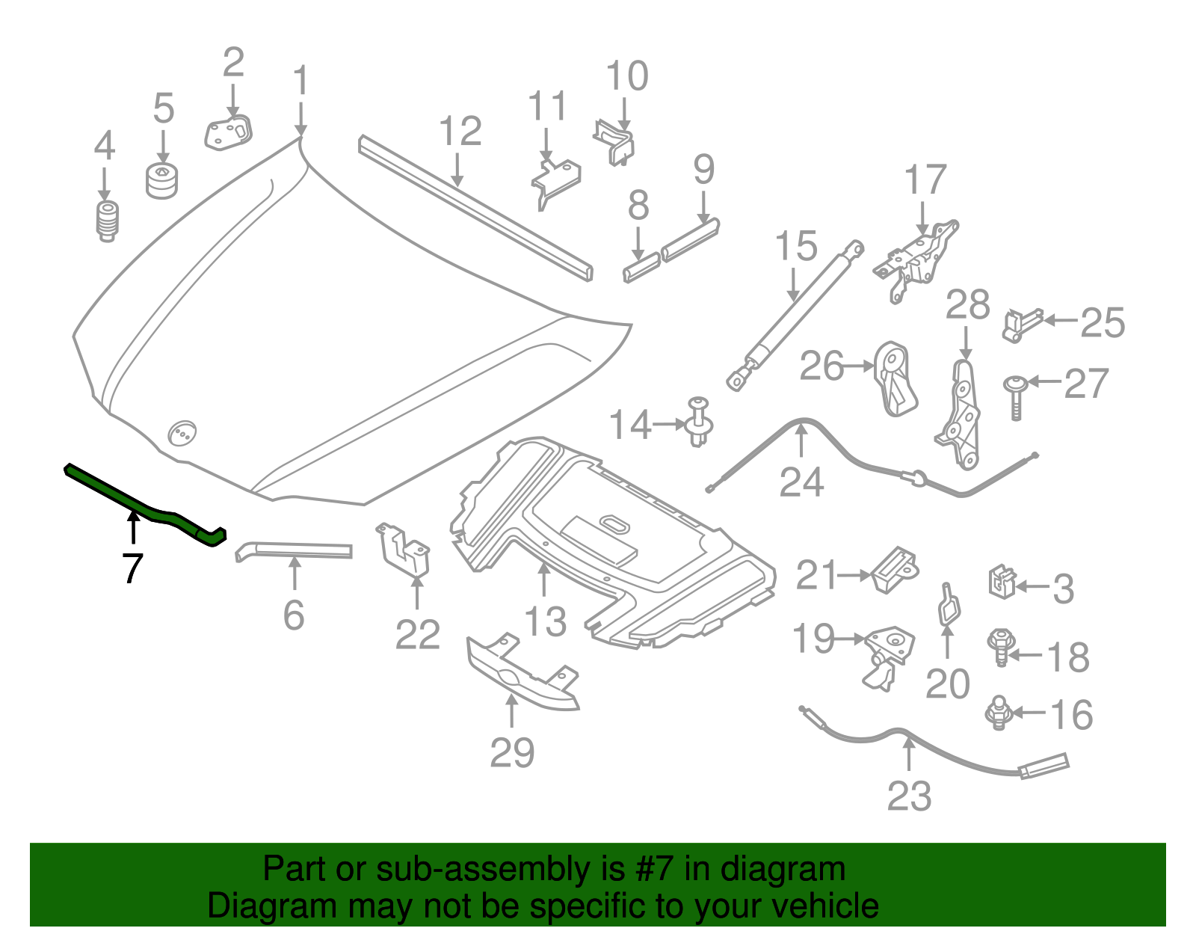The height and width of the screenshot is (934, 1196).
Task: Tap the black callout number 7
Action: tap(132, 569)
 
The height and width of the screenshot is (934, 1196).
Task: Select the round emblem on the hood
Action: tap(182, 433)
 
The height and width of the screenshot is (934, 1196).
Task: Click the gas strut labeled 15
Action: tap(792, 314)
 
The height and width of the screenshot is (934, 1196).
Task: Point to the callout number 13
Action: tap(545, 621)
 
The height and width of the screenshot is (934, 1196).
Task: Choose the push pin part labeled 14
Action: tap(698, 424)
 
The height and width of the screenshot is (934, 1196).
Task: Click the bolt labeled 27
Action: tap(1015, 397)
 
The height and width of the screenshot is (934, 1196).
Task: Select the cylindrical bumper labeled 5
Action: tap(161, 182)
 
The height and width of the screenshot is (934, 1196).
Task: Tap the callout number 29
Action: tap(512, 752)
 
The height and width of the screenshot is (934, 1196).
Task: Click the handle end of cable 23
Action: tap(1044, 766)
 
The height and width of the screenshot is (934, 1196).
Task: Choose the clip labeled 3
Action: tap(1002, 582)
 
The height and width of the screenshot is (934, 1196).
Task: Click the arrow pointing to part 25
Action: tap(1060, 321)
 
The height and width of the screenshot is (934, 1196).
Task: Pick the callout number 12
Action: tap(460, 132)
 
